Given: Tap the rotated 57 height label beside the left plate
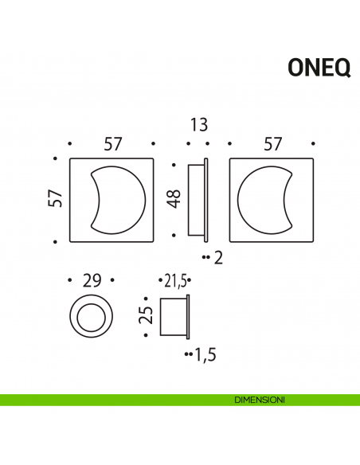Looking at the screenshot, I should point(55,199).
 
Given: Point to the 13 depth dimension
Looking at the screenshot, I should point(199,124).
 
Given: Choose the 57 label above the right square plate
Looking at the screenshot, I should point(273,144).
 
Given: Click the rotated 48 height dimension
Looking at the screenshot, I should point(174,198).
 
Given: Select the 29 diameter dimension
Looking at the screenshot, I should point(92,280).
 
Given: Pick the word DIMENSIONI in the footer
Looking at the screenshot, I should point(260,399).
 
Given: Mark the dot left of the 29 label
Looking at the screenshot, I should point(70,280).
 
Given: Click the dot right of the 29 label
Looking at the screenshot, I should point(113,280).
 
